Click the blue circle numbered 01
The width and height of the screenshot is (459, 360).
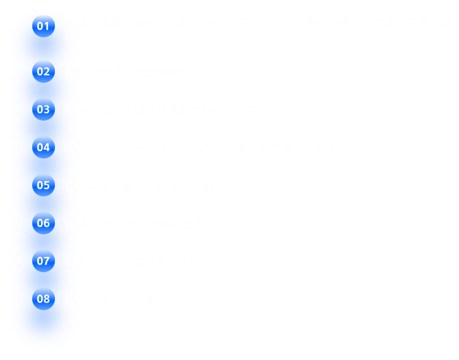click(x=44, y=26)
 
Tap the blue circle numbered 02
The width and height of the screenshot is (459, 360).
click(x=44, y=71)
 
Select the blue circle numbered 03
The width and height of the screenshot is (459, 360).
click(x=44, y=109)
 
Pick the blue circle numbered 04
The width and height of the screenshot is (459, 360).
click(x=44, y=147)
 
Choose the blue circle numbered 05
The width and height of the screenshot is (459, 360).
click(x=44, y=185)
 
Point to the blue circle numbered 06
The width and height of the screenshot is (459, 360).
click(x=44, y=223)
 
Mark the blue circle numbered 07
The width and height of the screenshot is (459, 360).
click(x=44, y=261)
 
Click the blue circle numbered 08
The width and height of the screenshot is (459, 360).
click(x=44, y=299)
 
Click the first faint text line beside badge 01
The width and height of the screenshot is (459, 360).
click(x=259, y=22)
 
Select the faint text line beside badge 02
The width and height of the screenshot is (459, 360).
click(x=126, y=71)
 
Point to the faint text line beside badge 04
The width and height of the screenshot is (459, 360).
click(x=202, y=147)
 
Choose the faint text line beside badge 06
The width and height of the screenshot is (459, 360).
click(x=136, y=223)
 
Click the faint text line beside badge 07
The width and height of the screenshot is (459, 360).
click(x=142, y=261)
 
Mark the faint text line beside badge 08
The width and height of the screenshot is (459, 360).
click(x=128, y=299)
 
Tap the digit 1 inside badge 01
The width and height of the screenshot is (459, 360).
click(x=47, y=26)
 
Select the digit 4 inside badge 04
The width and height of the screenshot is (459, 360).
click(x=47, y=147)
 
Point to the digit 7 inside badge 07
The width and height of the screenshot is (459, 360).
click(x=47, y=261)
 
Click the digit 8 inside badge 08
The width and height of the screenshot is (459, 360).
click(x=47, y=299)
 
